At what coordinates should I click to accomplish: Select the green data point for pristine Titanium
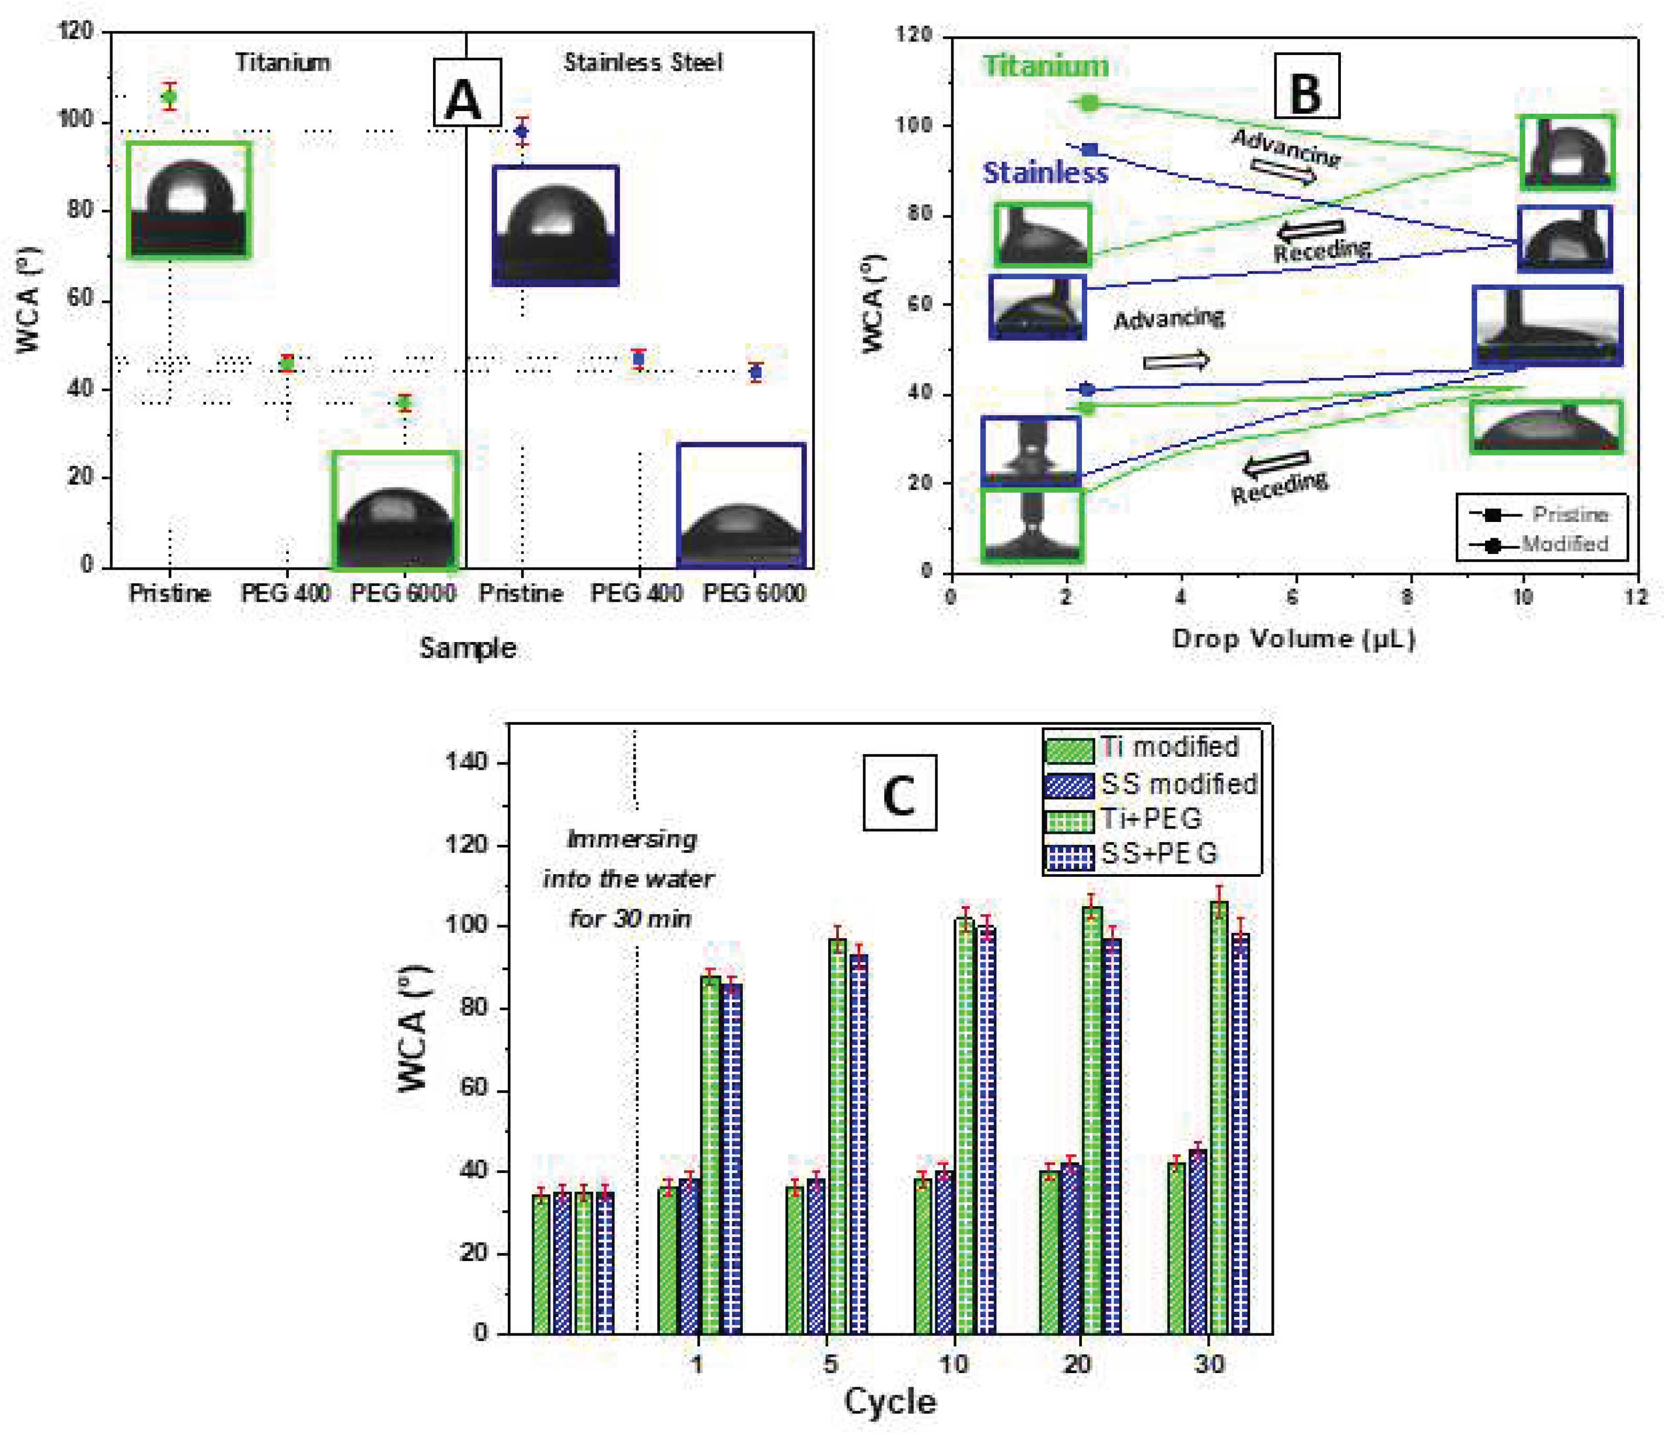pos(169,96)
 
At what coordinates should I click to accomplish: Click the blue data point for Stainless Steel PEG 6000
pos(755,372)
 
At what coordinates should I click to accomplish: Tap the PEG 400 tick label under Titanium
pos(285,594)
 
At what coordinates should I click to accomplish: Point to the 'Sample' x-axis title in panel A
pos(468,648)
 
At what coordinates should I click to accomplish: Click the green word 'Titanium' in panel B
pos(1045,66)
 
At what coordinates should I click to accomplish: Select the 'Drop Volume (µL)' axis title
pos(1293,638)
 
